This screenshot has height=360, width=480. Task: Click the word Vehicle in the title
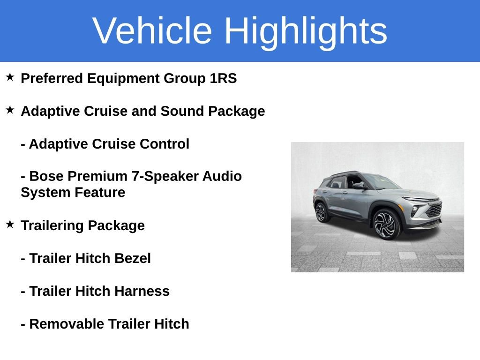coord(152,31)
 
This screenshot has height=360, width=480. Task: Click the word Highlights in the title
coord(306,31)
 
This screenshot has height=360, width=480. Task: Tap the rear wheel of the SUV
coord(321,212)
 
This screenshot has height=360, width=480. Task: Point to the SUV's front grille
coord(434,210)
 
